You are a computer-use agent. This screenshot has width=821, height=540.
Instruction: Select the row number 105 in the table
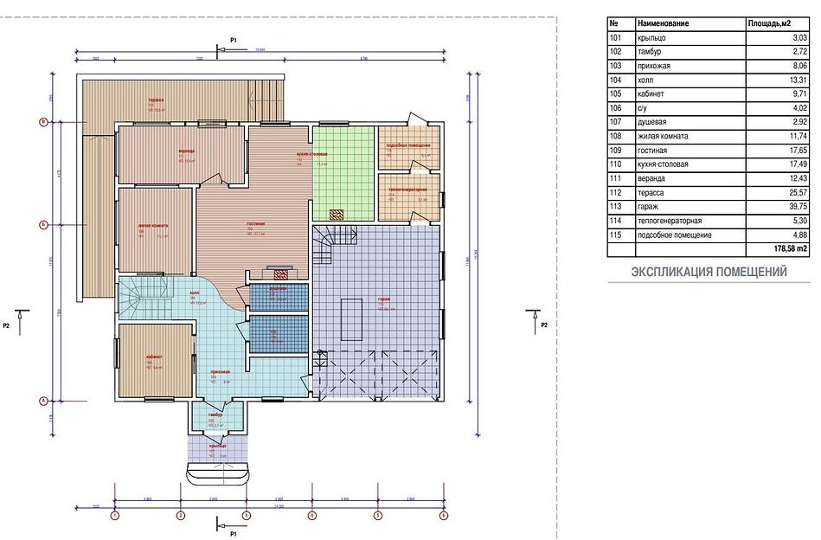(616, 93)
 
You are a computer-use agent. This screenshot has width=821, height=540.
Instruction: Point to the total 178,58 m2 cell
(790, 248)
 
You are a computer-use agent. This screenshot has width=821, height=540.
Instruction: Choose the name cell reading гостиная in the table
(652, 150)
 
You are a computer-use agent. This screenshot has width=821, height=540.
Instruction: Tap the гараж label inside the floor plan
(383, 299)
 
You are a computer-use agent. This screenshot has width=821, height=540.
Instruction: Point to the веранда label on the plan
(186, 150)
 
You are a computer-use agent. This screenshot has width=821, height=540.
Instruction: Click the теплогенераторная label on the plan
(407, 189)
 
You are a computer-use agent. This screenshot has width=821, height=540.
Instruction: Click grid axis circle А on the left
(42, 401)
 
